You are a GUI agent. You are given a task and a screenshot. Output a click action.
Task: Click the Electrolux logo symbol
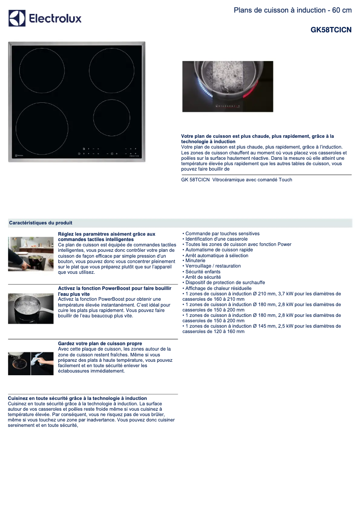click(x=17, y=18)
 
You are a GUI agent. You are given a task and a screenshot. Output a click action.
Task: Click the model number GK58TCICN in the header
click(x=331, y=30)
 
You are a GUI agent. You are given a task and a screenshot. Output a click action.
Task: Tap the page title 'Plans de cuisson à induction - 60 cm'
click(x=292, y=10)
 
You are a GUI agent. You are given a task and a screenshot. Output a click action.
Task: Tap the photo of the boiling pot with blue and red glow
click(x=228, y=86)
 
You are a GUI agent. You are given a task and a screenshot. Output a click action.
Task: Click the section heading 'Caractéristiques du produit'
click(x=40, y=223)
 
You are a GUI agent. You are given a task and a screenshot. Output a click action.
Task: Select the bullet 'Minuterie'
click(x=195, y=260)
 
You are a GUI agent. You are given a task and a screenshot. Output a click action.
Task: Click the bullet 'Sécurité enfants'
click(x=202, y=272)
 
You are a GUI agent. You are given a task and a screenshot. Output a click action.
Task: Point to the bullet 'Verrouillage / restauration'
click(x=213, y=266)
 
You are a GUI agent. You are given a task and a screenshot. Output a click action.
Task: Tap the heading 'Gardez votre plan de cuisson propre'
click(x=100, y=343)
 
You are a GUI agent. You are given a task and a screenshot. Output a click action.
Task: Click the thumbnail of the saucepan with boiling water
click(x=31, y=308)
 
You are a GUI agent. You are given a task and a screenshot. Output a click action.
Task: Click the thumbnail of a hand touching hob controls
click(x=31, y=254)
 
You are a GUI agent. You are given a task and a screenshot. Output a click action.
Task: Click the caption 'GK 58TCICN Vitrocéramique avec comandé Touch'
click(x=237, y=180)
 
